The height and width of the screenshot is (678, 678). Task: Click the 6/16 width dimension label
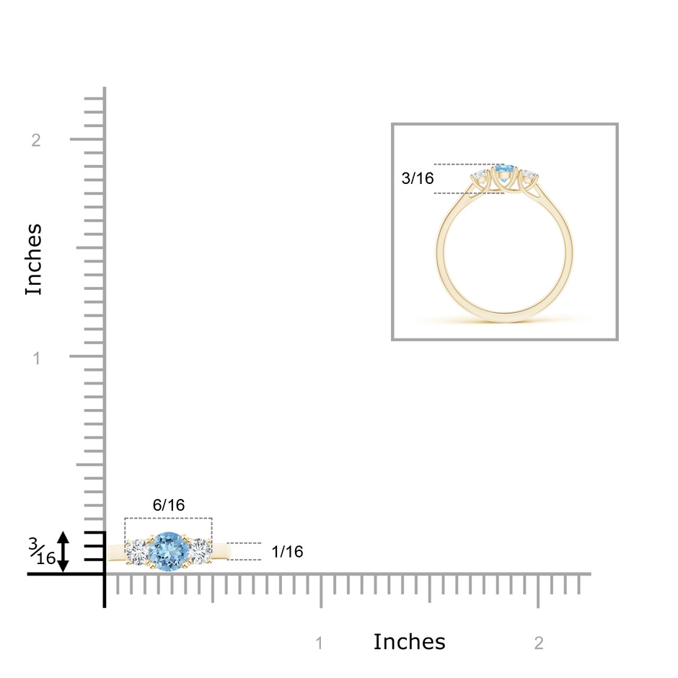coord(169,505)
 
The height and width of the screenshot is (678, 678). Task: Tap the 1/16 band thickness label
coord(287,551)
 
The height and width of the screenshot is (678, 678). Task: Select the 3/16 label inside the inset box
coord(418,178)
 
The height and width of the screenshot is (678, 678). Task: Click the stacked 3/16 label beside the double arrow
coord(42,551)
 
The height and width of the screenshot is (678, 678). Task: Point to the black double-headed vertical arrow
coord(63,552)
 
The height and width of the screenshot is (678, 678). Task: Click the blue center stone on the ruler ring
coord(169,551)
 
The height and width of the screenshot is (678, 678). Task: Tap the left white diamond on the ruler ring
coord(137,551)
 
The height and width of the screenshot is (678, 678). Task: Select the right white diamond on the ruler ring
coord(201,551)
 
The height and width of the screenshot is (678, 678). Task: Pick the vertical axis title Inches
coord(33,260)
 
